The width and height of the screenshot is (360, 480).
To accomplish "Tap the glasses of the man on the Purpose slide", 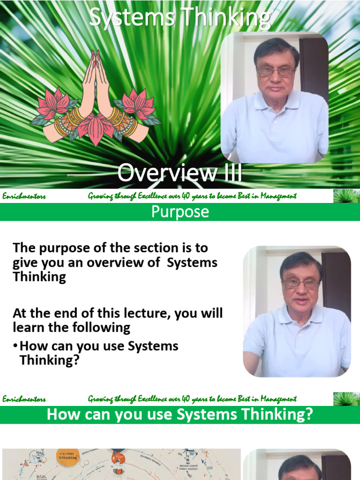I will coord(300,283).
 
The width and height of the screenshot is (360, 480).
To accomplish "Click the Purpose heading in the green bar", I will coord(180,212).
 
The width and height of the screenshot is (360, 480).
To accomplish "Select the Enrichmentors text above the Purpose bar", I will coord(24,196).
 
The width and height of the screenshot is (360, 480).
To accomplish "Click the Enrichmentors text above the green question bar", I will coord(24,399).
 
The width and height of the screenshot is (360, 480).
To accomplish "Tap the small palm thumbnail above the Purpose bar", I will coord(346,196).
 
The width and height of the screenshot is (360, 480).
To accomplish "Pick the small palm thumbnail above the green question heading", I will coord(346,399).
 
